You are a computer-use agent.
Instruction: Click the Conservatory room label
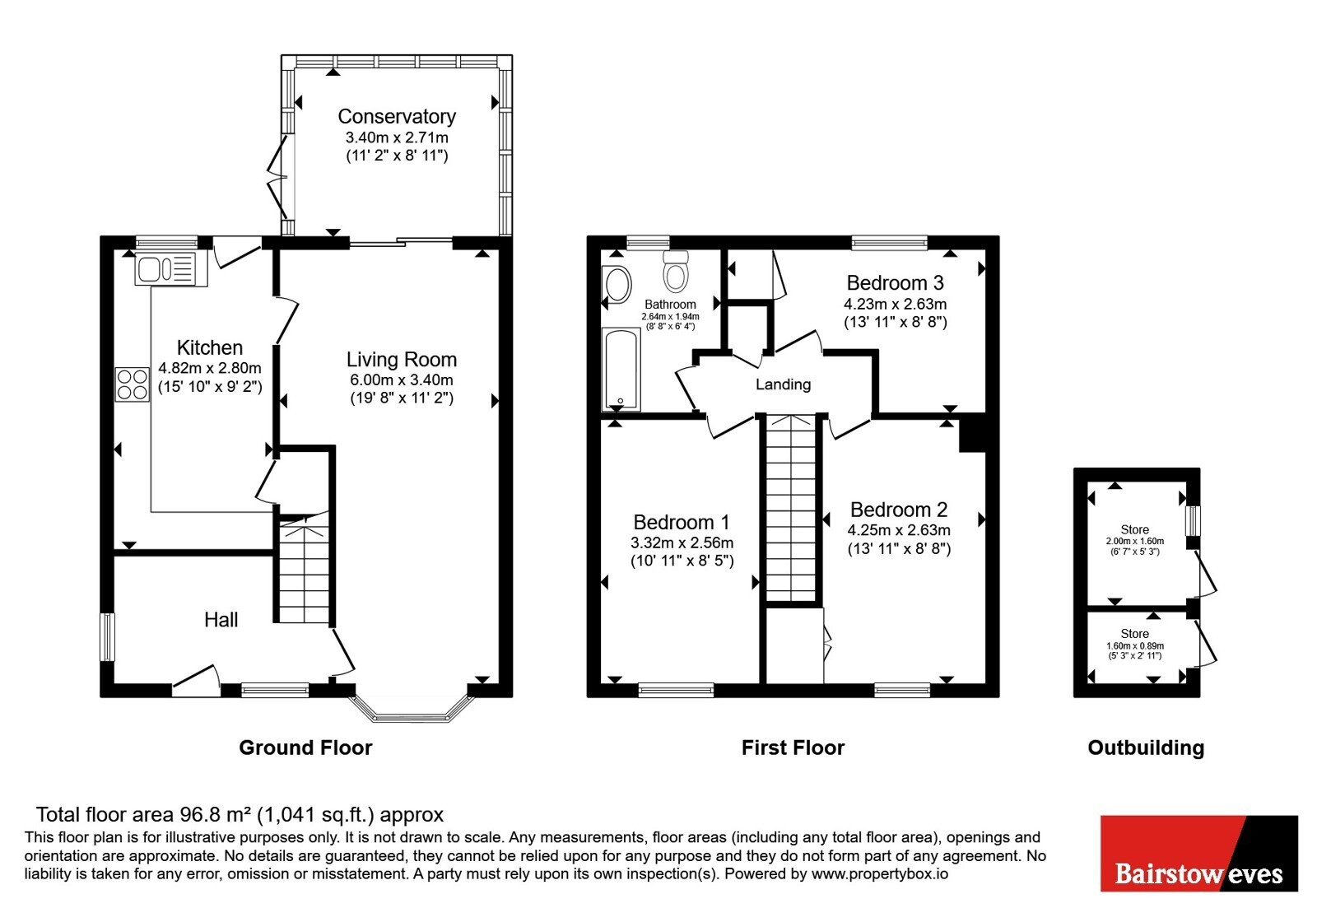(397, 116)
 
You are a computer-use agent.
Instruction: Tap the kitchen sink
(170, 269)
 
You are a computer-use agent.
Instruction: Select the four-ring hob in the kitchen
(132, 384)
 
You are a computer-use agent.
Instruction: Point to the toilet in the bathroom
(676, 271)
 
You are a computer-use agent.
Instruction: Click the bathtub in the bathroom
(621, 370)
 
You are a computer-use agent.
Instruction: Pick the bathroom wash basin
(617, 285)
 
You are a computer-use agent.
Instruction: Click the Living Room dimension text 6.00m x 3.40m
(402, 380)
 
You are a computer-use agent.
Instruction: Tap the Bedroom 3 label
(895, 283)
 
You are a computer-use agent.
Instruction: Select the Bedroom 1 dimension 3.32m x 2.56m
(682, 542)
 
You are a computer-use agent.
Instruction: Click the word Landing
(783, 384)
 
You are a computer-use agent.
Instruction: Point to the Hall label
(221, 620)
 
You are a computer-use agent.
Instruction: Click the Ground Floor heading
(305, 747)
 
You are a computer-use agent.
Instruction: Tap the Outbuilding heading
(1146, 747)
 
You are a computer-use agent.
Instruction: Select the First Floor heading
(793, 747)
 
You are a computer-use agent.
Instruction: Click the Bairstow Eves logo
(1198, 853)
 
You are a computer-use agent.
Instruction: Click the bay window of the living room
(411, 709)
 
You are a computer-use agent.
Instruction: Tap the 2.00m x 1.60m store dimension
(1135, 541)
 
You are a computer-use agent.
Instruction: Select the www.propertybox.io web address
(880, 873)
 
